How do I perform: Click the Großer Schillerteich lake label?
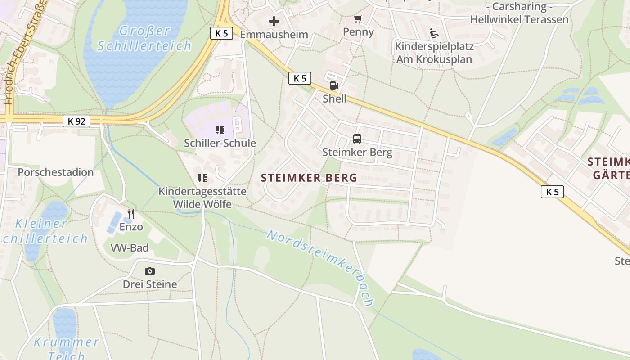pos(144,38)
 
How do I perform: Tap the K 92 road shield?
pos(76,121)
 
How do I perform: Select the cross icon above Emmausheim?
pos(274,21)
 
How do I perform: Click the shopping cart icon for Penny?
pos(358,19)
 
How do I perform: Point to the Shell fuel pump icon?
pos(334,85)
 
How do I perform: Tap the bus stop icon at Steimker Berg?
pos(357,139)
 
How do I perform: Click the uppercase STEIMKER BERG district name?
pos(309,178)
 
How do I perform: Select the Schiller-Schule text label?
pos(220,143)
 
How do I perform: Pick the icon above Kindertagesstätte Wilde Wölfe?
pos(202,178)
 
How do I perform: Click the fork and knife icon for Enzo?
pos(131,213)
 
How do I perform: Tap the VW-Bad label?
pos(130,247)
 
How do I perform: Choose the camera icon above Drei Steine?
pos(150,271)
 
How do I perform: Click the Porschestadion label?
pos(56,172)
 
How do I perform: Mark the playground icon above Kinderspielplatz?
pos(434,33)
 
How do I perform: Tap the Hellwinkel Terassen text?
pos(519,19)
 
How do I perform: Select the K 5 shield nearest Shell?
pos(300,78)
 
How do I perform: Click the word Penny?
pos(358,31)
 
